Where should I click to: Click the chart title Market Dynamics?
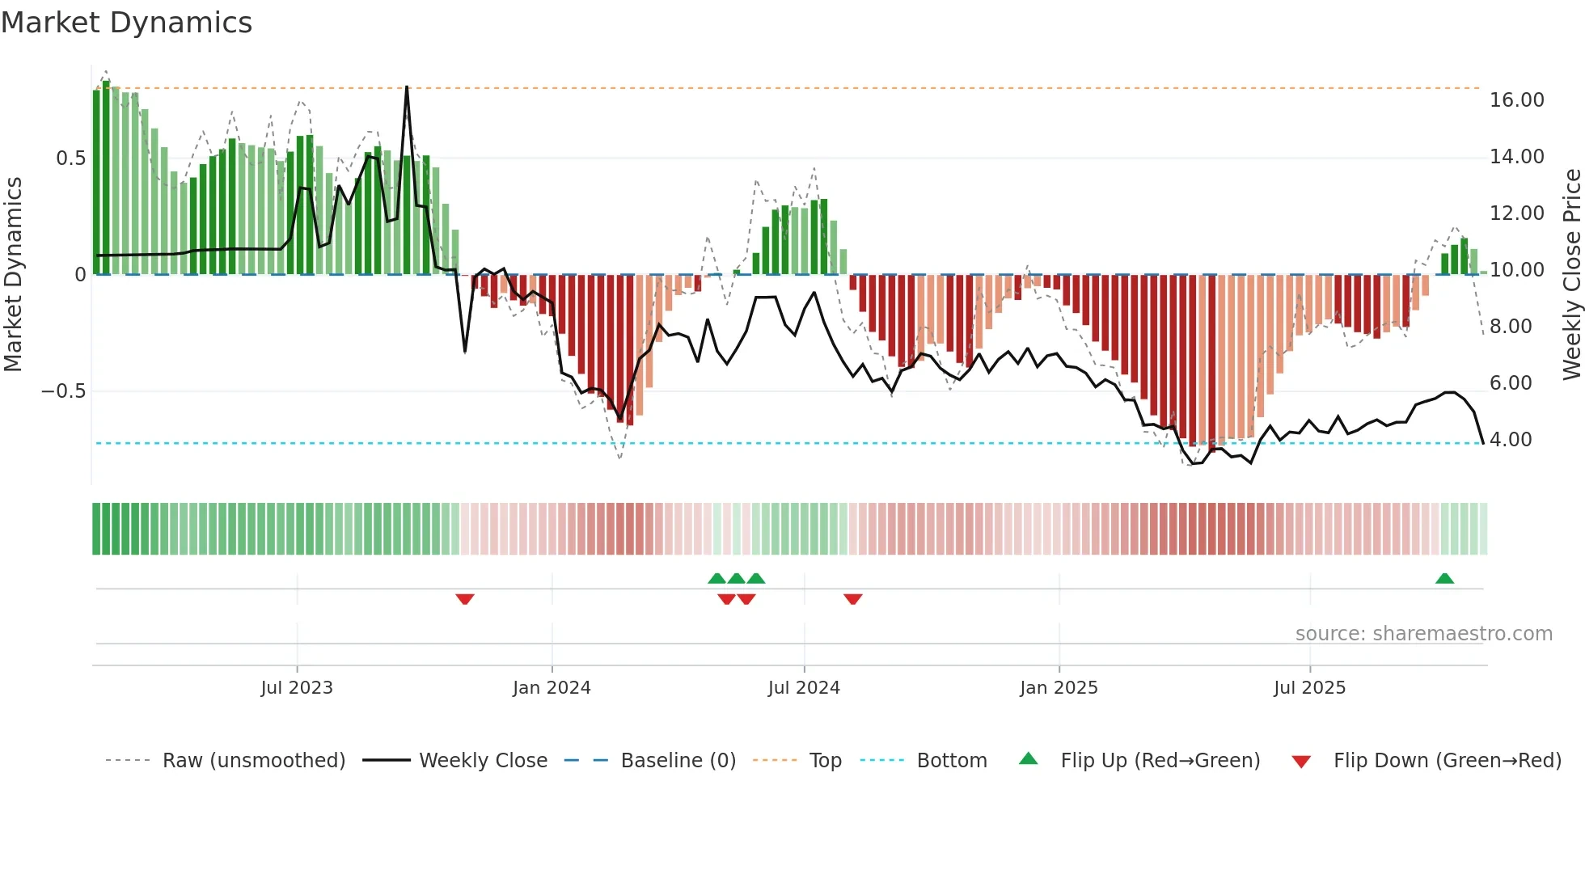pyautogui.click(x=126, y=23)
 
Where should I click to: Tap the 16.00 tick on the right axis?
pyautogui.click(x=1516, y=100)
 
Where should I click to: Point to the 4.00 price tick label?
pyautogui.click(x=1510, y=440)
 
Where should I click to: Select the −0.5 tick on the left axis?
pyautogui.click(x=63, y=391)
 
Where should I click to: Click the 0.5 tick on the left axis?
pyautogui.click(x=70, y=158)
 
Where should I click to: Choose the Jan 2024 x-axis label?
pyautogui.click(x=552, y=688)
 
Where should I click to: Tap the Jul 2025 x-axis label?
pyautogui.click(x=1309, y=688)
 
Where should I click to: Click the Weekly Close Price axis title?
pyautogui.click(x=1571, y=275)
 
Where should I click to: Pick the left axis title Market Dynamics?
pyautogui.click(x=13, y=275)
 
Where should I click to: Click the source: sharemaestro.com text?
pyautogui.click(x=1423, y=634)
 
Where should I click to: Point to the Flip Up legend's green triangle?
pyautogui.click(x=1028, y=758)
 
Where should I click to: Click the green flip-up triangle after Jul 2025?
pyautogui.click(x=1444, y=578)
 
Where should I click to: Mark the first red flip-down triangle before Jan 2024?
pyautogui.click(x=465, y=599)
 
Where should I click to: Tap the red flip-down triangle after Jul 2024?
pyautogui.click(x=853, y=599)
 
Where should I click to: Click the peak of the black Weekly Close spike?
pyautogui.click(x=407, y=87)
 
